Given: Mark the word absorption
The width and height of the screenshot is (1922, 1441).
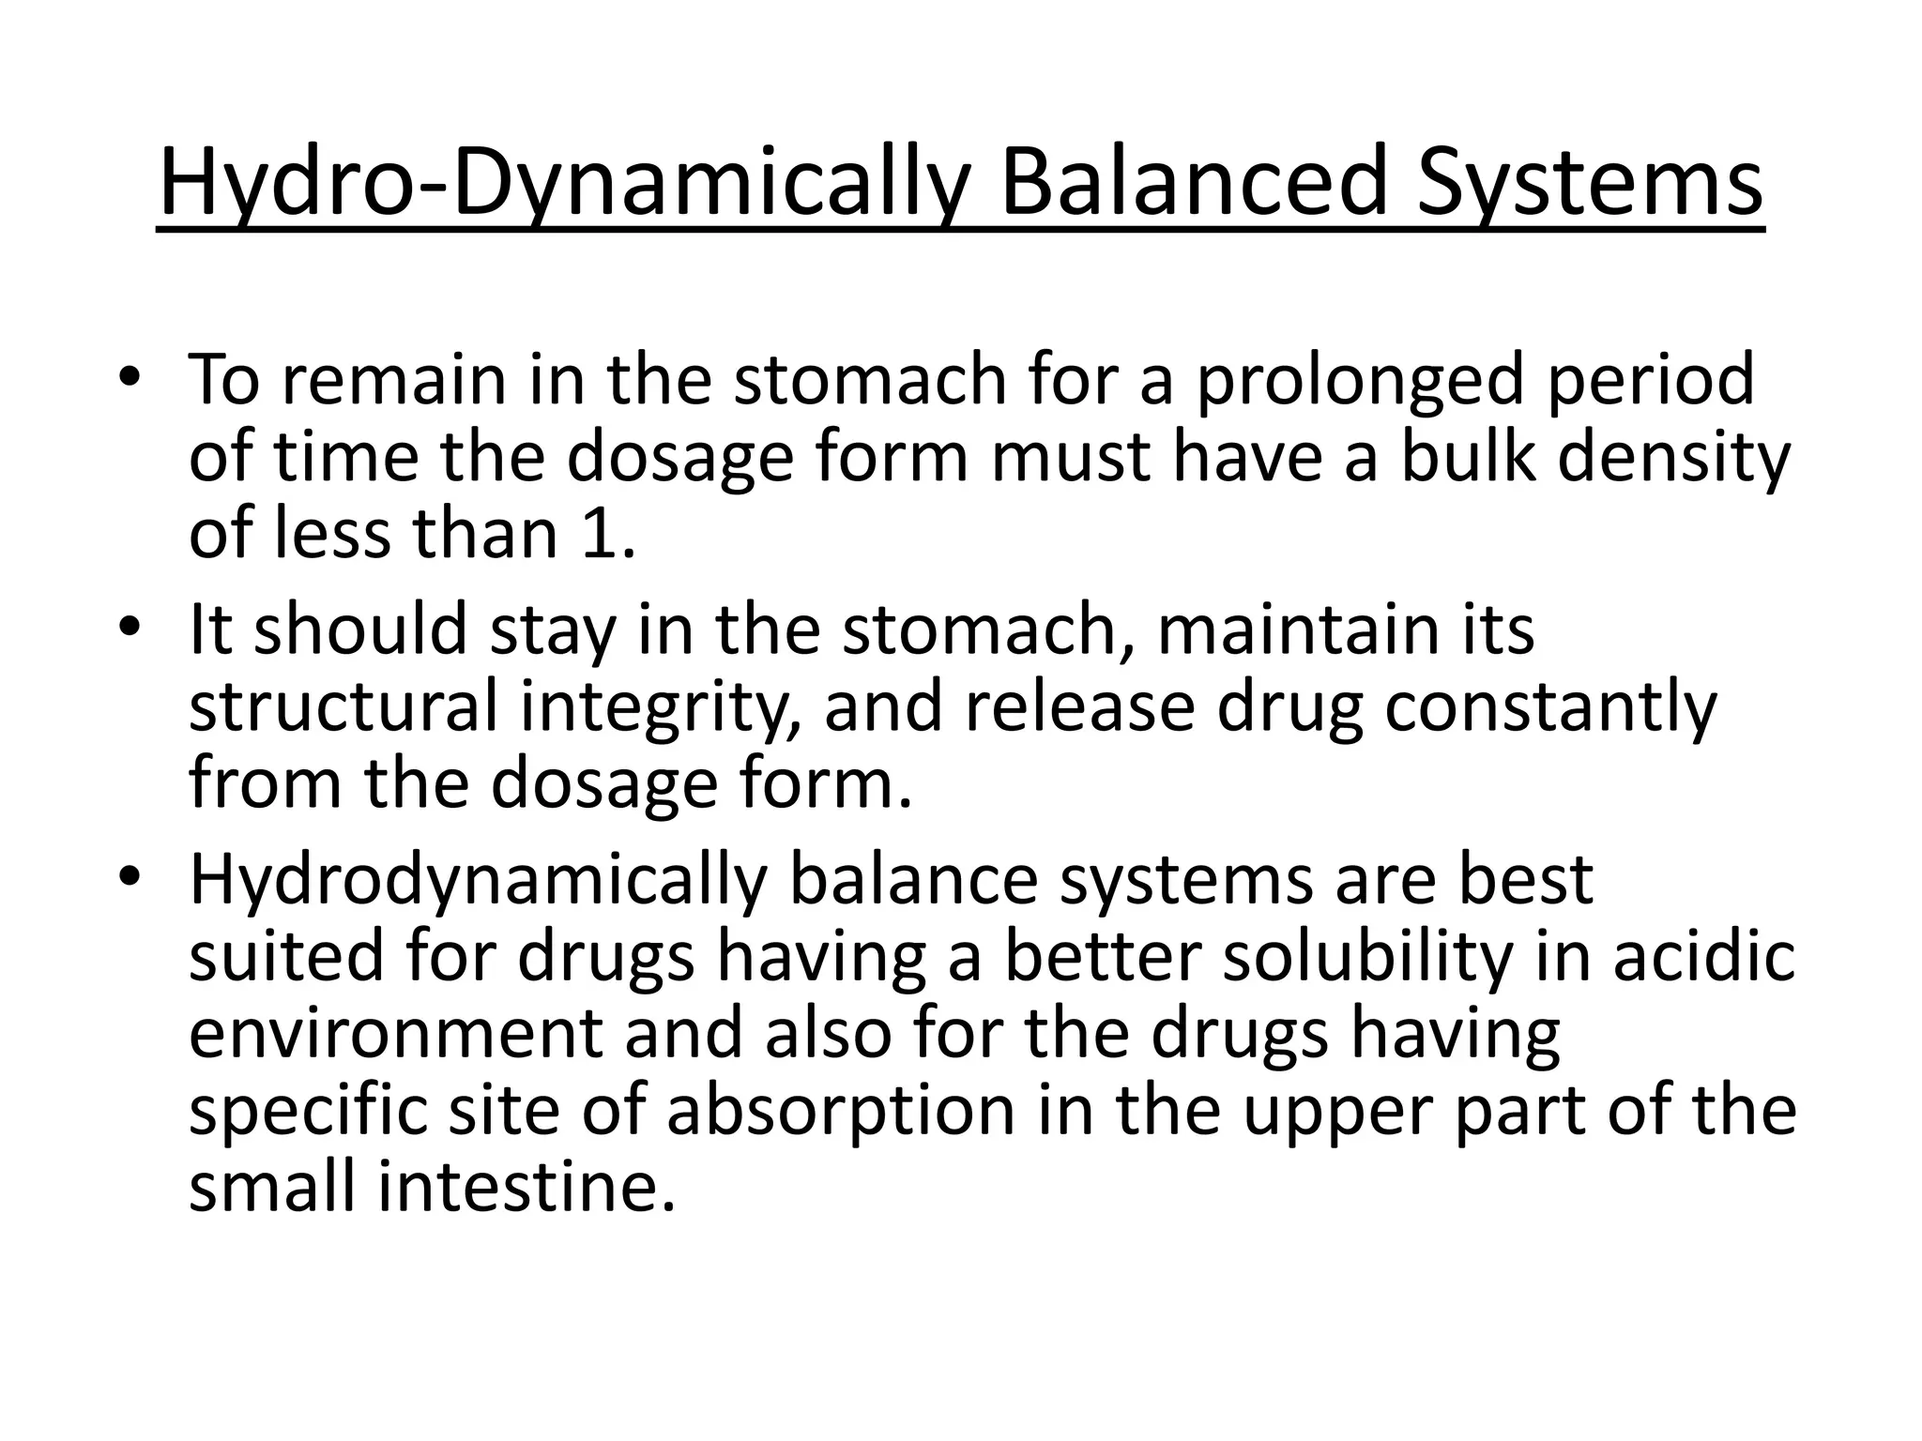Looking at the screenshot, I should (842, 1110).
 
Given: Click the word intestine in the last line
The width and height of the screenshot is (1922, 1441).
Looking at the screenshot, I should (526, 1187).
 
